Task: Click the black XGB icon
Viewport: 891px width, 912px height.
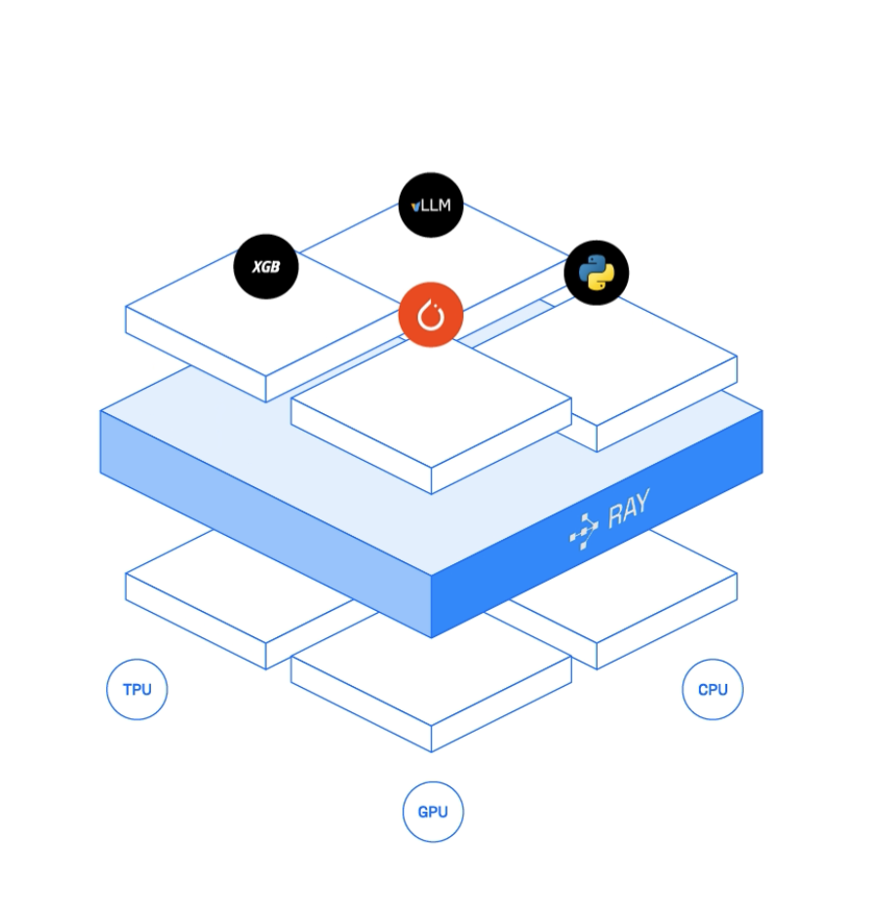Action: tap(265, 266)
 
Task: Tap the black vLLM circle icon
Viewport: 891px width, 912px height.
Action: tap(431, 205)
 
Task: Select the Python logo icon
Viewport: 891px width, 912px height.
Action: tap(597, 273)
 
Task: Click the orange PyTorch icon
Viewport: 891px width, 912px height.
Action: tap(431, 315)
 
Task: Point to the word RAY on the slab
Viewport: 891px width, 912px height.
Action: tap(629, 510)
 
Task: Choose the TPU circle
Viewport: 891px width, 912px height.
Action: tap(136, 690)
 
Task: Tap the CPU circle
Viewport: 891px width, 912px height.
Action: tap(713, 690)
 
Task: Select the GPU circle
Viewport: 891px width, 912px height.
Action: tap(433, 812)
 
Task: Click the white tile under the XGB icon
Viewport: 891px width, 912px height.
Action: tap(253, 322)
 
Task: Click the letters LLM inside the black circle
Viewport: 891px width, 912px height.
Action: tap(436, 206)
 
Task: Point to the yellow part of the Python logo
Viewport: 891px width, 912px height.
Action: tap(603, 282)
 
